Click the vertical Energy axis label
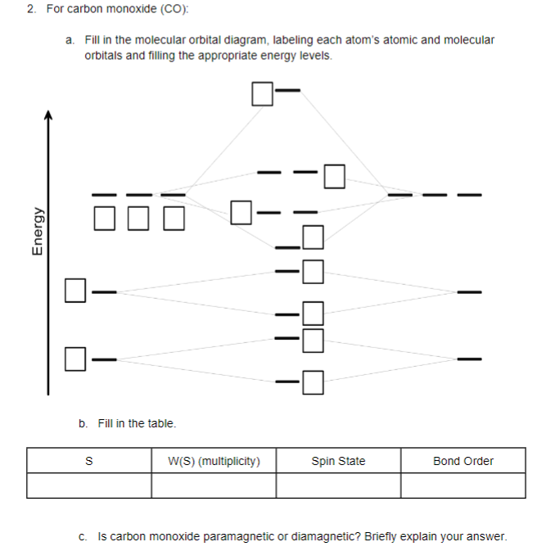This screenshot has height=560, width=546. click(38, 232)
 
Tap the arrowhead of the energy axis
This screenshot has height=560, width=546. click(48, 115)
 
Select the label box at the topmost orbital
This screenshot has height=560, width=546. click(263, 94)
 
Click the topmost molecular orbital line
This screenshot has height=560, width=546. click(288, 90)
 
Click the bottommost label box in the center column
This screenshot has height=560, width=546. click(314, 382)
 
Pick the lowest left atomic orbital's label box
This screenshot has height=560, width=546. click(75, 359)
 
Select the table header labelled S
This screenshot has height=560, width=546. click(89, 461)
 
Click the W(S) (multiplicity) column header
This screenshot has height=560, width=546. click(214, 462)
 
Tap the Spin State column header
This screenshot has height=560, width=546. click(339, 462)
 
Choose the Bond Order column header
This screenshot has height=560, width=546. click(463, 461)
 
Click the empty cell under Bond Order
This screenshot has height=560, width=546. click(463, 485)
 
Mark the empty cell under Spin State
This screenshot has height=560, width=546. click(339, 485)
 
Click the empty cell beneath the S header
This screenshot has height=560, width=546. click(89, 485)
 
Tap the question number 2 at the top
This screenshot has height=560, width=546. click(31, 9)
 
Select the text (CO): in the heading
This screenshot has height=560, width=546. click(174, 9)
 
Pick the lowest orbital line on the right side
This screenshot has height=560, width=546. click(470, 359)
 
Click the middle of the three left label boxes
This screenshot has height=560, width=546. click(138, 219)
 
